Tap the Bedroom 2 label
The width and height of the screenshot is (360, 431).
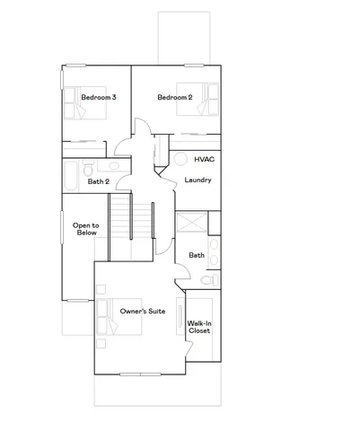(x=174, y=97)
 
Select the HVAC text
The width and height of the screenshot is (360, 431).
(x=204, y=158)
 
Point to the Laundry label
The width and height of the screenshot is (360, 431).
(x=198, y=180)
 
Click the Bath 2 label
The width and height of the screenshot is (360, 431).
(x=99, y=182)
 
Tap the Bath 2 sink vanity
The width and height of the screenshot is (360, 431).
(x=111, y=168)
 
